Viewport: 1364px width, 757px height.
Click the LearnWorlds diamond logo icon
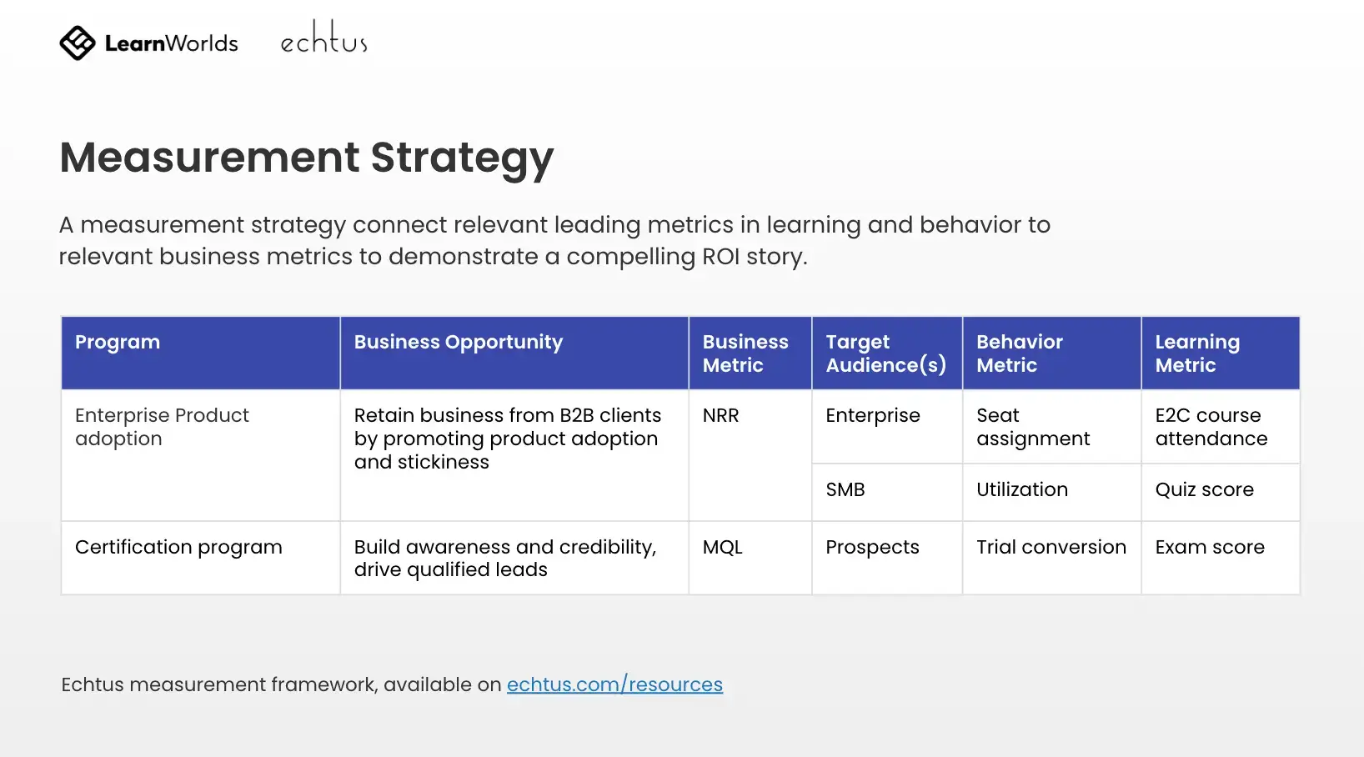click(x=78, y=43)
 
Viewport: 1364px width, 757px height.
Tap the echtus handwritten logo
click(x=324, y=37)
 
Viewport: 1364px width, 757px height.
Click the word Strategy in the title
click(x=462, y=158)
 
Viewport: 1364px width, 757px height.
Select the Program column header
click(x=118, y=342)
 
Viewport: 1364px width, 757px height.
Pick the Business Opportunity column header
click(x=459, y=343)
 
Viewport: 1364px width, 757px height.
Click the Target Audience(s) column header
click(x=886, y=353)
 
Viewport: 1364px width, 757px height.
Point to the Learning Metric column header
click(x=1197, y=353)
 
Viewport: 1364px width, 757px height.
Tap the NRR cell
click(x=720, y=415)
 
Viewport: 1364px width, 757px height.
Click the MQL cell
click(x=722, y=547)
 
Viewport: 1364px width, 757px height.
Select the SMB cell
click(x=845, y=489)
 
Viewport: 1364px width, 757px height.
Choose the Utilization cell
click(x=1022, y=489)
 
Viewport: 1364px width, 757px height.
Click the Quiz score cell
click(x=1205, y=489)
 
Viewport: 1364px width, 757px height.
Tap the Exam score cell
click(x=1210, y=547)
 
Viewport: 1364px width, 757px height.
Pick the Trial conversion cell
click(x=1051, y=547)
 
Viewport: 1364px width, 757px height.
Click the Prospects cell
click(x=872, y=548)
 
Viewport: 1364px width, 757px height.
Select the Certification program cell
click(x=178, y=548)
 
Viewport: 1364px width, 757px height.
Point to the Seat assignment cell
click(x=1033, y=427)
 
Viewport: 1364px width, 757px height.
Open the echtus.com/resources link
click(x=614, y=684)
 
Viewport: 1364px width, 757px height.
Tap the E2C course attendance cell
click(x=1211, y=427)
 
